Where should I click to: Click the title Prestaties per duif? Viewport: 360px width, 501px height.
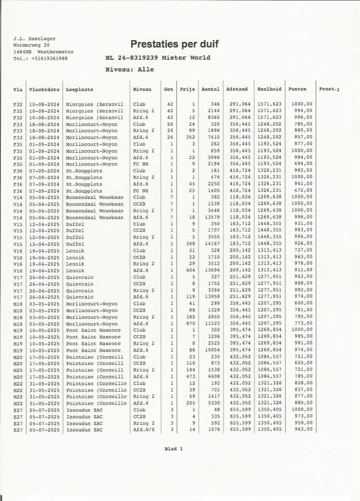[x=174, y=44]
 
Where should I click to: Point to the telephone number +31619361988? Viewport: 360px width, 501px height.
[x=49, y=58]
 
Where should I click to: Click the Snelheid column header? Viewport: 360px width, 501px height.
[x=269, y=89]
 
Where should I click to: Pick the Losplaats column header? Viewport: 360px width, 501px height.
[x=79, y=90]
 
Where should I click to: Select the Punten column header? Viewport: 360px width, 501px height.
[x=297, y=89]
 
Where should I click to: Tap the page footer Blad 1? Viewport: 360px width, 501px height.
[x=174, y=449]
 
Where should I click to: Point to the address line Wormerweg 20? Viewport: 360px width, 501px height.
[x=31, y=45]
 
